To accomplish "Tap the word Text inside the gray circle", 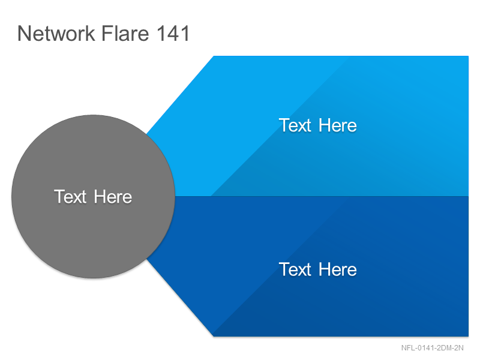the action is pos(70,197).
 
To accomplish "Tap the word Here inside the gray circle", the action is pos(113,197).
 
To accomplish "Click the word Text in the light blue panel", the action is pos(295,125).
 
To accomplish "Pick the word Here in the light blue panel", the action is pos(338,125).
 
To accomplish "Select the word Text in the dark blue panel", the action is pos(295,269).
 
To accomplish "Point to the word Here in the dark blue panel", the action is pos(338,269).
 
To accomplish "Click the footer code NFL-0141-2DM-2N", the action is pos(432,348).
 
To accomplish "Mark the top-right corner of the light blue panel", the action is pos(469,56).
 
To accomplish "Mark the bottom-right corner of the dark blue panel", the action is pos(469,337).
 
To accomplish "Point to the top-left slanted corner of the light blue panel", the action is pos(214,56).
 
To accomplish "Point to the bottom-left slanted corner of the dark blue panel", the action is pos(214,337).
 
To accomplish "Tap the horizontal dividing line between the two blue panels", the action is pos(322,196).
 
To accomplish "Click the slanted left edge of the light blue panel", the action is pos(180,95).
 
